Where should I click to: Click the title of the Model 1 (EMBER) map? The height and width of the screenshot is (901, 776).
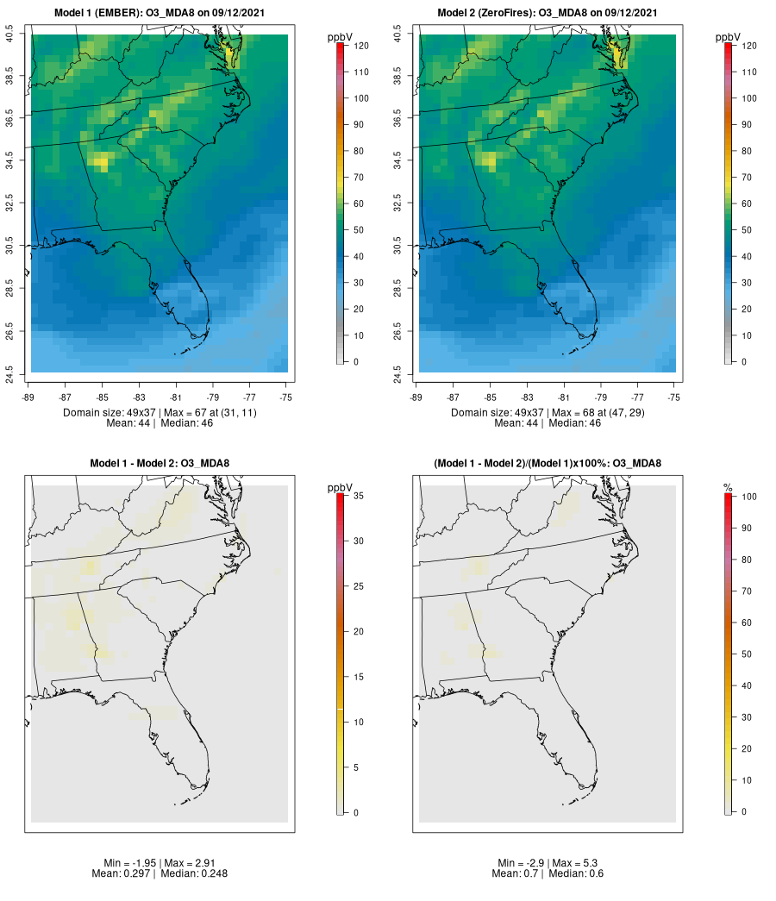(160, 13)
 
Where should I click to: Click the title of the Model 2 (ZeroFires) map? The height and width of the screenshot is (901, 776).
(548, 13)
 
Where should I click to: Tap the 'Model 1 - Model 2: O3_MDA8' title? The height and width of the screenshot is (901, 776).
(160, 464)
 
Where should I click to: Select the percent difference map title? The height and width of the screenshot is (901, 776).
(548, 464)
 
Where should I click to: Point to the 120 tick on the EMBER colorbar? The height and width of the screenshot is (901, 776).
(361, 46)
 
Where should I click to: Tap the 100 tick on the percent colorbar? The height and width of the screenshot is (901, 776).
(748, 497)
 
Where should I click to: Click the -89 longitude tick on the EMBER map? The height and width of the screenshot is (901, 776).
(31, 397)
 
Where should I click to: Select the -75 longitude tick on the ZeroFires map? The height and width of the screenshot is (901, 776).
(674, 397)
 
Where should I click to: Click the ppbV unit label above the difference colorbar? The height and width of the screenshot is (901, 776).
(341, 488)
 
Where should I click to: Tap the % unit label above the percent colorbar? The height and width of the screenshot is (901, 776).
(728, 488)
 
